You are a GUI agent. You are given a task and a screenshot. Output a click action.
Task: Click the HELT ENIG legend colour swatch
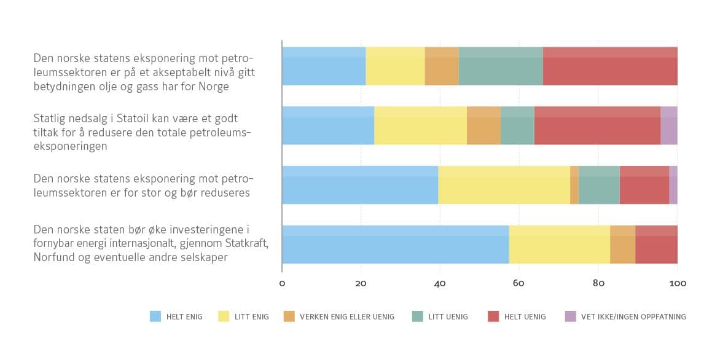[x=155, y=316]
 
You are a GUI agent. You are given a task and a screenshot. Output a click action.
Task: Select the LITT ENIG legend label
[x=251, y=317]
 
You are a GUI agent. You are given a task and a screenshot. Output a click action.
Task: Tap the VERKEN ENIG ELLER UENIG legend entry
[x=346, y=317]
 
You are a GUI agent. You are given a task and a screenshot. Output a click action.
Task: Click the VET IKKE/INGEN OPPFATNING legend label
[x=634, y=317]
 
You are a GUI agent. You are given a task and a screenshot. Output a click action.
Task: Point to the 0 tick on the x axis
[x=282, y=284]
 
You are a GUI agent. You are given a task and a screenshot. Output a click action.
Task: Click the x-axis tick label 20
[x=361, y=284]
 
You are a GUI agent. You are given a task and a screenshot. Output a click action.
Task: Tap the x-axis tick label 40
[x=440, y=284]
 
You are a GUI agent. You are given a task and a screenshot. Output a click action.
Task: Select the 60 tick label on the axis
[x=519, y=284]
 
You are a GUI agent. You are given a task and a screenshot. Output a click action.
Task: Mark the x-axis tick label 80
[x=598, y=284]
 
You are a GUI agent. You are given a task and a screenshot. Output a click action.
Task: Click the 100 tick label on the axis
[x=678, y=284]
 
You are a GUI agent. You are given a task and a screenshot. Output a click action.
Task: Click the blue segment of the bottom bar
[x=395, y=245]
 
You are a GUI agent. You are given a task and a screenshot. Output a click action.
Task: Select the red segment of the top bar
[x=610, y=66]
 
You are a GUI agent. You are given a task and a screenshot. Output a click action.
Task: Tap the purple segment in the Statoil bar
[x=669, y=125]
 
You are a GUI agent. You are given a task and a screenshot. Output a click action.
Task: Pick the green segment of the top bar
[x=501, y=66]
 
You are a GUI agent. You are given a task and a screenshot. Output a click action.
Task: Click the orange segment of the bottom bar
[x=622, y=245]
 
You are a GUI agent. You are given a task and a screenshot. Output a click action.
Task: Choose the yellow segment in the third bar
[x=504, y=185]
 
